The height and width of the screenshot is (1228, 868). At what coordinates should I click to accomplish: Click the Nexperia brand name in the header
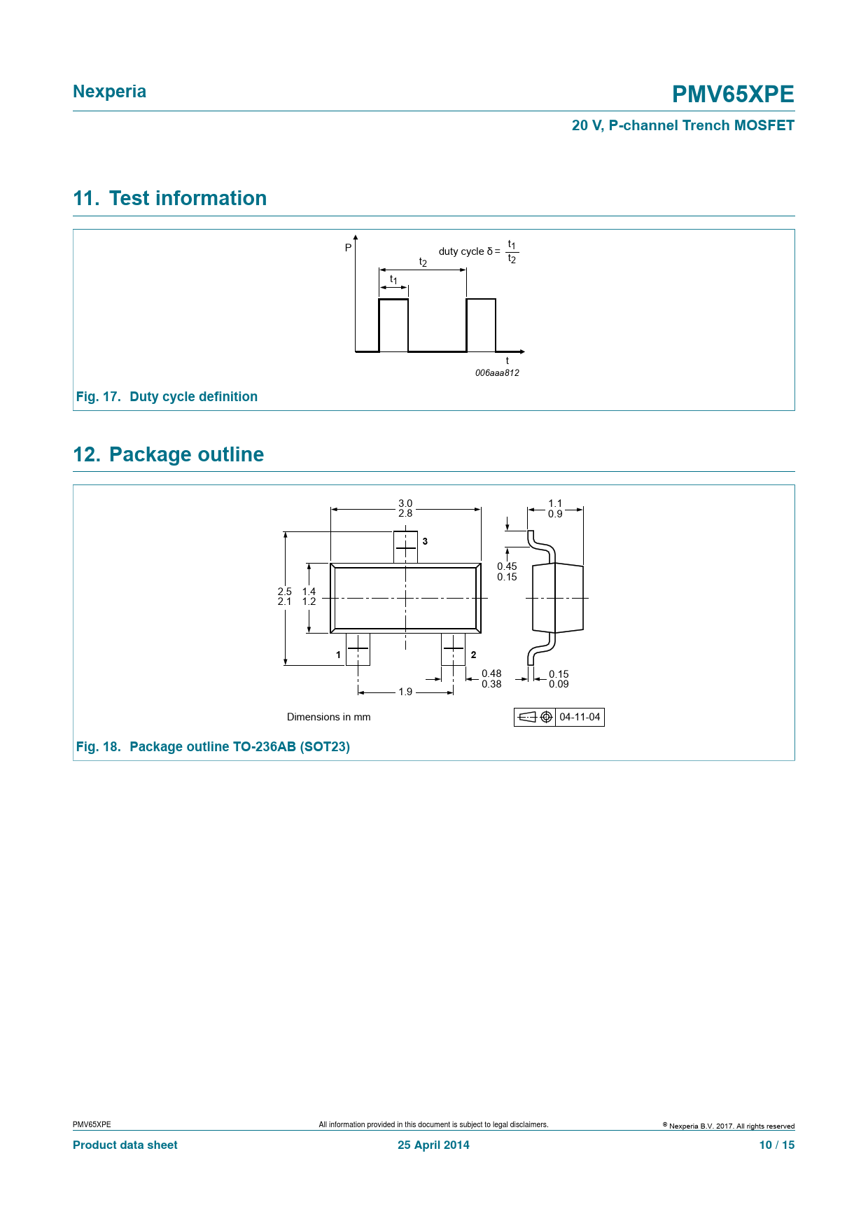pyautogui.click(x=109, y=92)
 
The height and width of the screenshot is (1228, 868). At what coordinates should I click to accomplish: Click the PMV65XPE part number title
pyautogui.click(x=732, y=94)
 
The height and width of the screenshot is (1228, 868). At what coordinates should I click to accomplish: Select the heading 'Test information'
pyautogui.click(x=188, y=198)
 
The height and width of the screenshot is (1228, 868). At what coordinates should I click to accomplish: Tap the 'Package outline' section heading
pyautogui.click(x=186, y=454)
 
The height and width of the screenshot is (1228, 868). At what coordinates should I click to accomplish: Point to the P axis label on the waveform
pyautogui.click(x=348, y=248)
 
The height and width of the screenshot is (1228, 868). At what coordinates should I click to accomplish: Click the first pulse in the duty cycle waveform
pyautogui.click(x=393, y=325)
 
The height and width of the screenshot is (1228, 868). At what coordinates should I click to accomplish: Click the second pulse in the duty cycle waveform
pyautogui.click(x=481, y=325)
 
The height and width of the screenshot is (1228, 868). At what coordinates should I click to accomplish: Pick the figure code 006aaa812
pyautogui.click(x=497, y=373)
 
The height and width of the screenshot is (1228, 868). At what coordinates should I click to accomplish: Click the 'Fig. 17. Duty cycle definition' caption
pyautogui.click(x=167, y=397)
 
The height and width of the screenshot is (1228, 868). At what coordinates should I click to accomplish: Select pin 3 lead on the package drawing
pyautogui.click(x=405, y=547)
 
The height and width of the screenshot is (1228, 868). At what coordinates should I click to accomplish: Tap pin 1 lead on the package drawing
pyautogui.click(x=358, y=649)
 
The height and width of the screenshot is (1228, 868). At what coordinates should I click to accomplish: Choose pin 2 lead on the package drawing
pyautogui.click(x=453, y=649)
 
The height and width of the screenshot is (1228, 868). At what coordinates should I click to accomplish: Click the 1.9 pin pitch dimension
pyautogui.click(x=405, y=692)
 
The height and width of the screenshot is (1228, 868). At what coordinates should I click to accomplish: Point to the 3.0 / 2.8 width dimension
pyautogui.click(x=405, y=508)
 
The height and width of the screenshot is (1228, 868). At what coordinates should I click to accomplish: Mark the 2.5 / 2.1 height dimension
pyautogui.click(x=284, y=596)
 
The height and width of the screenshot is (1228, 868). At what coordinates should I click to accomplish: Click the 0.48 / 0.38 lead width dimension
pyautogui.click(x=491, y=679)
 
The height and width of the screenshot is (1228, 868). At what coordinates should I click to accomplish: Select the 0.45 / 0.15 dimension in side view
pyautogui.click(x=507, y=572)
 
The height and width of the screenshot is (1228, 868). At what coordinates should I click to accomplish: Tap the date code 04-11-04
pyautogui.click(x=580, y=717)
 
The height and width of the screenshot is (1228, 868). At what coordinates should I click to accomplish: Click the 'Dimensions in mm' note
pyautogui.click(x=328, y=717)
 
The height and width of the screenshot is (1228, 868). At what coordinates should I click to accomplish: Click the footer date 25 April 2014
pyautogui.click(x=433, y=1145)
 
